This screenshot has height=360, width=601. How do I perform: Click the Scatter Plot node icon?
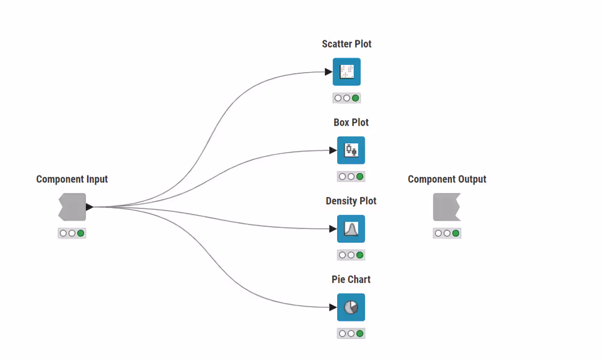click(347, 72)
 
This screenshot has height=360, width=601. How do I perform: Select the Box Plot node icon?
click(351, 150)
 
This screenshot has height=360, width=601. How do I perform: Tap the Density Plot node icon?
click(351, 229)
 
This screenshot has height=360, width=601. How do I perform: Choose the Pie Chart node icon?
click(351, 308)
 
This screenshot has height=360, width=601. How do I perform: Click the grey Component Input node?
click(72, 207)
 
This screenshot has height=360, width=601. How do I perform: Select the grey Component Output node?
click(447, 207)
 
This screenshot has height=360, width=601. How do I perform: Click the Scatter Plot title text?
click(347, 44)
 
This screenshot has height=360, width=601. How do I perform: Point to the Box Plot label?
click(351, 123)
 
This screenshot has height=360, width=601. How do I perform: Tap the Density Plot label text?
click(351, 201)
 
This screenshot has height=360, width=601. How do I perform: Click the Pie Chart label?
click(351, 279)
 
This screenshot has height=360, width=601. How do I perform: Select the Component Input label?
click(72, 179)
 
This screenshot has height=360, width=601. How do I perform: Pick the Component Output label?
click(447, 179)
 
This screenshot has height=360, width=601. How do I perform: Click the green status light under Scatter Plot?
click(356, 98)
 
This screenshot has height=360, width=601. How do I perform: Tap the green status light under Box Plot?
click(360, 177)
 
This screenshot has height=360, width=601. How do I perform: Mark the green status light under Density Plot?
click(360, 255)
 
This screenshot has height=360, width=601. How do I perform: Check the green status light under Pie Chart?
click(360, 334)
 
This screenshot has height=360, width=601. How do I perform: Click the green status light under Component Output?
click(456, 233)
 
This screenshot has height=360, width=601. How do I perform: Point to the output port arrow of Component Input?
click(90, 207)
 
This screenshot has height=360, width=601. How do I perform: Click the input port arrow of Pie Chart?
click(333, 308)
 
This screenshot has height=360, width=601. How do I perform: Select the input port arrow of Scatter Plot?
click(329, 72)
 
